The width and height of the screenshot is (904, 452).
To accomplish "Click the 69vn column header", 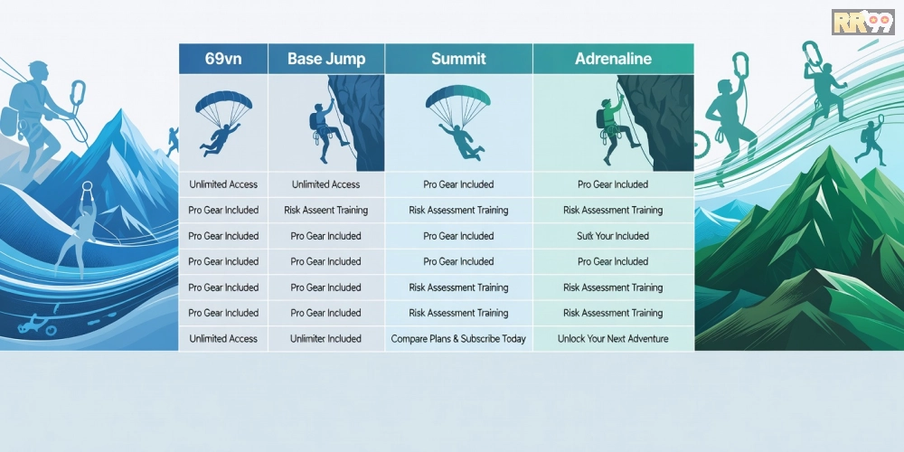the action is coord(223,59).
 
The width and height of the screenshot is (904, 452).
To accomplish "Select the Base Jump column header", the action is coord(326,59).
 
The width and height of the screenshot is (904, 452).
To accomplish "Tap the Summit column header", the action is coord(458,59).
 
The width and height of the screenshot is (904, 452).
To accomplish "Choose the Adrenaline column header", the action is coord(614,59).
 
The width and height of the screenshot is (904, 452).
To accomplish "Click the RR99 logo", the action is coord(863,22).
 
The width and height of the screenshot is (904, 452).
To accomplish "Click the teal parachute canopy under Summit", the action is coord(458,97).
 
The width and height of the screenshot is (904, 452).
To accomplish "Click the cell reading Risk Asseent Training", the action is coord(325,211).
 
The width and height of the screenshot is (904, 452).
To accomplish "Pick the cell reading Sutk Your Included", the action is coord(613,236).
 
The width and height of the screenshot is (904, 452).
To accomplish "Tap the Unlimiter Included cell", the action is coord(325,339).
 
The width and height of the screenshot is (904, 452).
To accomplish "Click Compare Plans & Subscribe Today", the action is coord(458,339).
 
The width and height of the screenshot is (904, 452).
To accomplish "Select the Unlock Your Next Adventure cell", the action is coord(613,339).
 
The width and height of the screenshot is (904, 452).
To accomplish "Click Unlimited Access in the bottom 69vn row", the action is coord(223,339).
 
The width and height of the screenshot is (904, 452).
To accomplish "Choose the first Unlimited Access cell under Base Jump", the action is coord(325,184).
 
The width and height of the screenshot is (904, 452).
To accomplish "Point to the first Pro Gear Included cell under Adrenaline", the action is coord(613,184).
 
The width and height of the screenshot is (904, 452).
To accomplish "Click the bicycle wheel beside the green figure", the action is coord(702,145).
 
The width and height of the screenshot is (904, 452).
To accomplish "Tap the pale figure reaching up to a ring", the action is coord(79,229).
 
